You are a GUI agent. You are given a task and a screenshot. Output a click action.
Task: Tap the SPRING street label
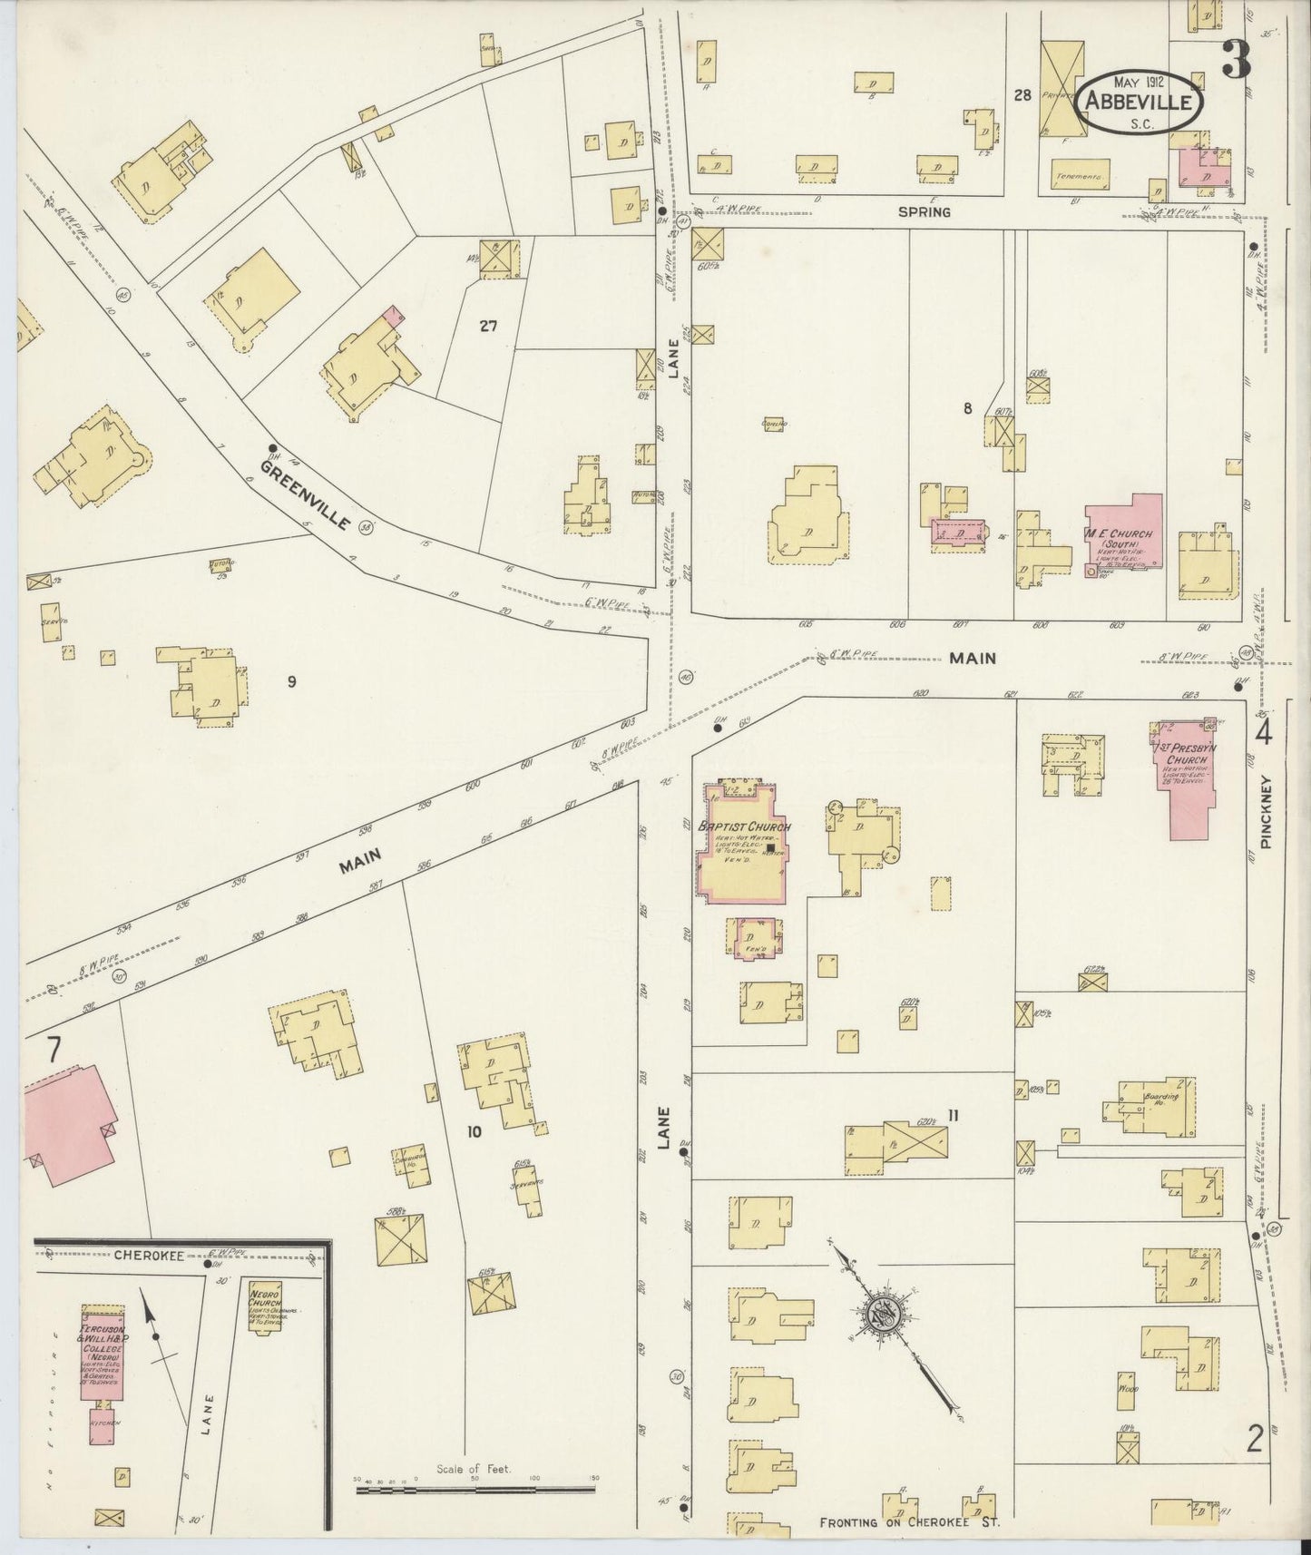click(x=924, y=212)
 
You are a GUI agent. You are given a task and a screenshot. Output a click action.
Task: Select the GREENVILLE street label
click(x=305, y=495)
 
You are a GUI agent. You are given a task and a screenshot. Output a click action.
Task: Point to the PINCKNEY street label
click(x=1267, y=812)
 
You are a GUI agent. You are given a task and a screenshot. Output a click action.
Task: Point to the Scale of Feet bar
click(x=475, y=1490)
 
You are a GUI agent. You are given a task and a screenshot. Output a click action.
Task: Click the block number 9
click(x=292, y=682)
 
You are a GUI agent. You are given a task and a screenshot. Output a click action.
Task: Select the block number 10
click(x=473, y=1131)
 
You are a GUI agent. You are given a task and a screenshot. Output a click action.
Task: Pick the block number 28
click(x=1023, y=95)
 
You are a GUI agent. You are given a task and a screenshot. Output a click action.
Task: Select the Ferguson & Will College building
click(x=103, y=1364)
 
